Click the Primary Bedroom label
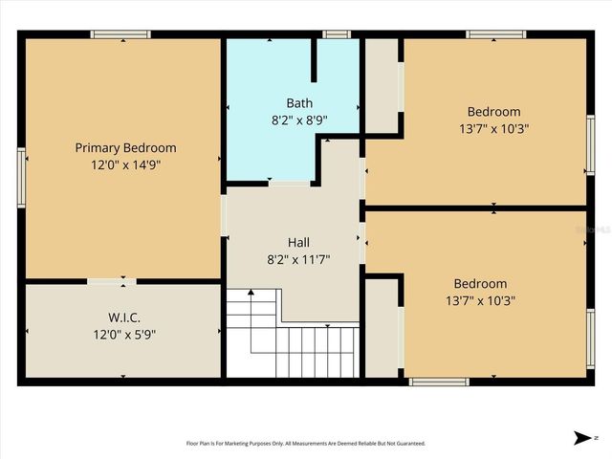pos(125,147)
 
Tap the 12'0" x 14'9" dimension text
pos(125,164)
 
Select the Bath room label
pos(298,103)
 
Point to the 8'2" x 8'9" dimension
pos(298,120)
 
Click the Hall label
pos(298,242)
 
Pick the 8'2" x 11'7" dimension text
pos(298,259)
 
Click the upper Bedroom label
pos(493,111)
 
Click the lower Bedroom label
pos(480,283)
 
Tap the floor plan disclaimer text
pos(304,443)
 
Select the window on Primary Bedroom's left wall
pos(21,178)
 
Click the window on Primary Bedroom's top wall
pos(120,35)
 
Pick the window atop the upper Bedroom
pos(495,35)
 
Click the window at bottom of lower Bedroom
pos(439,382)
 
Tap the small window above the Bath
pos(336,35)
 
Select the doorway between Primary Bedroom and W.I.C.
pos(112,281)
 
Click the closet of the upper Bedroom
pos(382,86)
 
